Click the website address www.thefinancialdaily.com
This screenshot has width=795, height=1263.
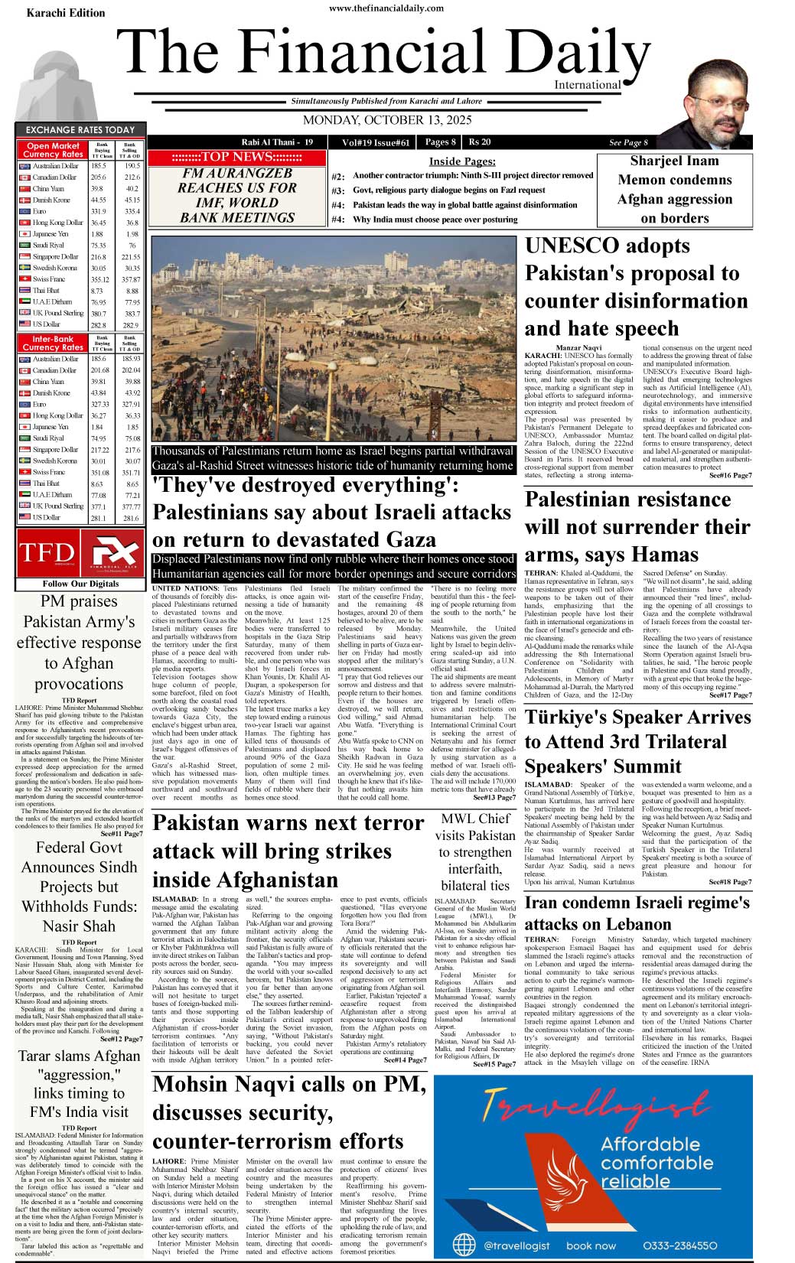pyautogui.click(x=386, y=8)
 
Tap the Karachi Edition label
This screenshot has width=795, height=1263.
pyautogui.click(x=66, y=13)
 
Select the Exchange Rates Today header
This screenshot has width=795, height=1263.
pyautogui.click(x=80, y=130)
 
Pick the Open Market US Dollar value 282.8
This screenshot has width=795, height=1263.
pyautogui.click(x=98, y=325)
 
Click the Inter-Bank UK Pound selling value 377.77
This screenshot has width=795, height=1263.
pyautogui.click(x=131, y=506)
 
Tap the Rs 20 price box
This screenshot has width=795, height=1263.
pyautogui.click(x=480, y=142)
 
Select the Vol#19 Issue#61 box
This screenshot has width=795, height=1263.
pyautogui.click(x=376, y=142)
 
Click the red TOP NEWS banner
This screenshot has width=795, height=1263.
pyautogui.click(x=236, y=158)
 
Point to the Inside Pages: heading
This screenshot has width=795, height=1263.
pyautogui.click(x=461, y=161)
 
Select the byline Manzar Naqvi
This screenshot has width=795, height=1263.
pyautogui.click(x=578, y=348)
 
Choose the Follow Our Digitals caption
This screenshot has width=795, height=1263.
pyautogui.click(x=80, y=584)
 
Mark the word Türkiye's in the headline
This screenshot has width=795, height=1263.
pyautogui.click(x=575, y=717)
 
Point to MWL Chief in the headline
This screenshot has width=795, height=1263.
pyautogui.click(x=475, y=819)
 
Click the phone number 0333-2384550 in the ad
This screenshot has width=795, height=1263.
pyautogui.click(x=679, y=1245)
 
